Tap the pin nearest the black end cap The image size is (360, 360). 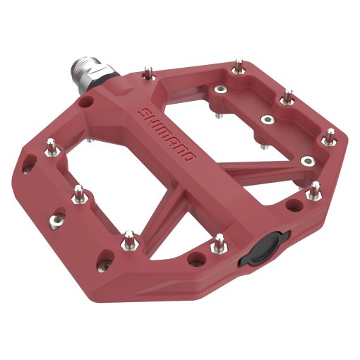220,241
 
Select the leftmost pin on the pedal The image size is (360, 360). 52,146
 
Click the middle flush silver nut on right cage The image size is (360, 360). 267,119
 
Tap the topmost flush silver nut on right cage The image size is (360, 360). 221,90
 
